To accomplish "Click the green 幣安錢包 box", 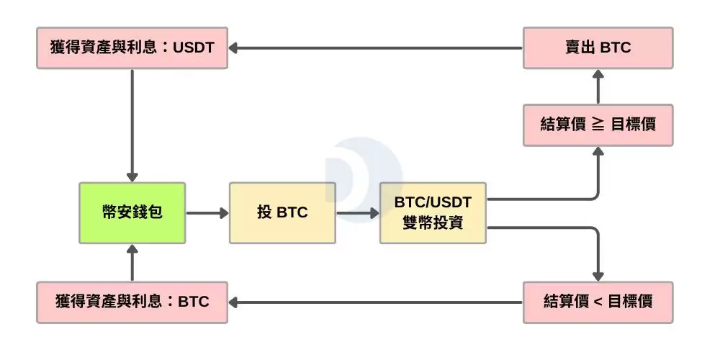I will [132, 212].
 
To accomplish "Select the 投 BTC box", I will [282, 212].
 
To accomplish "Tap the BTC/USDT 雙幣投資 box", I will [433, 212].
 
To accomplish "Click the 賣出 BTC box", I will [598, 48].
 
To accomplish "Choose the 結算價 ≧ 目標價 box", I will [598, 125].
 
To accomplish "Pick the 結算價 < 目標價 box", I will [598, 301].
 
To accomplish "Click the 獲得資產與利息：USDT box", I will [132, 48].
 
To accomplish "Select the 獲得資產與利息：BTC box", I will [132, 301].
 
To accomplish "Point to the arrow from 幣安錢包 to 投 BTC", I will [207, 213].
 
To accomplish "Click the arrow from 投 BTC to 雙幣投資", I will [357, 213].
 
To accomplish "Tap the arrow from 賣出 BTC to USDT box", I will [374, 48].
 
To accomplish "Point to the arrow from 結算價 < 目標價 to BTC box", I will [374, 301].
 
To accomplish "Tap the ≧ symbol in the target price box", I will [597, 125].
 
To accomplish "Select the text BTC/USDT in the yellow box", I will [433, 203].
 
